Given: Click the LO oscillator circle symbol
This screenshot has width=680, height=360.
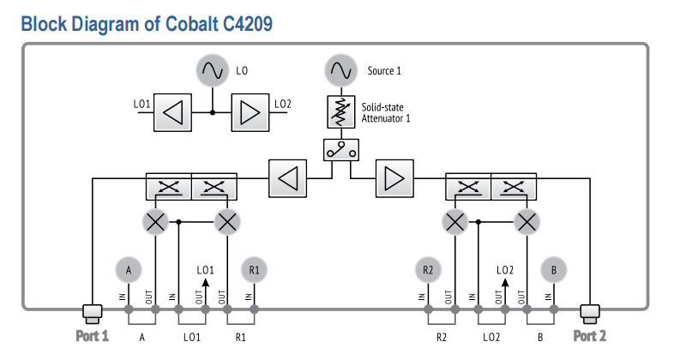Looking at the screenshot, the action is pyautogui.click(x=212, y=70).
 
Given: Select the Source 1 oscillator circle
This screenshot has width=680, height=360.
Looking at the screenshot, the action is pyautogui.click(x=341, y=70).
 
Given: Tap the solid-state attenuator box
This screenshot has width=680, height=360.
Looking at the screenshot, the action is pyautogui.click(x=341, y=112).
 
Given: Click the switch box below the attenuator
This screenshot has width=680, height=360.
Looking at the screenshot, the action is pyautogui.click(x=341, y=150).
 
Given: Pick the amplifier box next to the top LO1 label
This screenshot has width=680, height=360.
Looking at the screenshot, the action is pyautogui.click(x=172, y=113).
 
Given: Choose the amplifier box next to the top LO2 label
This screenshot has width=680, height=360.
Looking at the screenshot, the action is pyautogui.click(x=250, y=113).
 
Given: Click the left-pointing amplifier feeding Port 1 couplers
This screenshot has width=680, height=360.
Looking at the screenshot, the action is pyautogui.click(x=287, y=178).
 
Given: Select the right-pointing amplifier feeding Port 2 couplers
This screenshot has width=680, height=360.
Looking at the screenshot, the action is pyautogui.click(x=394, y=178).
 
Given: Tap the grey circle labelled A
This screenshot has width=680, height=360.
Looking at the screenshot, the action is pyautogui.click(x=129, y=270).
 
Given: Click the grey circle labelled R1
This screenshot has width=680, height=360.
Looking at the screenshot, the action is pyautogui.click(x=254, y=270).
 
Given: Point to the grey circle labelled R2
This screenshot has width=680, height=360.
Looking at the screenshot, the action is pyautogui.click(x=428, y=270).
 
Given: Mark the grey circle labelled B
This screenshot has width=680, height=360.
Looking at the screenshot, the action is pyautogui.click(x=554, y=270).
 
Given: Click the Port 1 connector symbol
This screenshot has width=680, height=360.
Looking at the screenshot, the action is pyautogui.click(x=93, y=314).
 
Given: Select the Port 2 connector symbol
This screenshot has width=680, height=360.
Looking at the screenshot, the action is pyautogui.click(x=590, y=314).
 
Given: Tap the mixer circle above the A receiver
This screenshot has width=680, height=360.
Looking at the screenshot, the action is pyautogui.click(x=155, y=222).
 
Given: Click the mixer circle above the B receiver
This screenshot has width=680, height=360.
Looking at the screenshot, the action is pyautogui.click(x=527, y=222).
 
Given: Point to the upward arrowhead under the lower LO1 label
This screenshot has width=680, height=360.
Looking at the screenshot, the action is pyautogui.click(x=206, y=283).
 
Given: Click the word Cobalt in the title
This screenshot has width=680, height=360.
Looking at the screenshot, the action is pyautogui.click(x=192, y=24).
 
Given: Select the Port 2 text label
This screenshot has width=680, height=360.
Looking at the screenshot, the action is pyautogui.click(x=590, y=336).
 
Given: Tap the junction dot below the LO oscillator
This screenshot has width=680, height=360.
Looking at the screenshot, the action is pyautogui.click(x=213, y=113).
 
